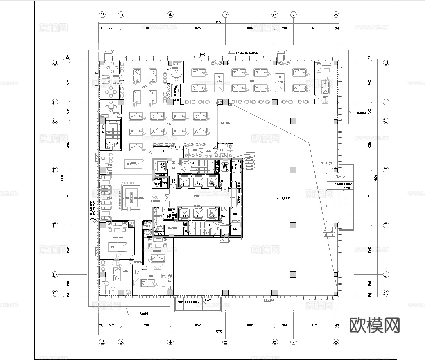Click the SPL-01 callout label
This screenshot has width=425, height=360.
(226, 241)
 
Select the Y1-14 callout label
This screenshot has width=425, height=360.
(329, 236)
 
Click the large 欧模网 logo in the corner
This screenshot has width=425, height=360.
(374, 325)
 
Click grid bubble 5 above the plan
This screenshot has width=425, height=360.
(225, 15)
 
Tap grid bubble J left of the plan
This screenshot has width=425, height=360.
(54, 63)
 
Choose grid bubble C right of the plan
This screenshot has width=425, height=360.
(386, 293)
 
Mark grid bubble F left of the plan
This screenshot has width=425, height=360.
(54, 170)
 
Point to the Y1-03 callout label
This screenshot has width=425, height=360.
(326, 163)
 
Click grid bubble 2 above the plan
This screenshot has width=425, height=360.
(102, 15)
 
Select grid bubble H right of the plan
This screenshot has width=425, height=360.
(386, 102)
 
